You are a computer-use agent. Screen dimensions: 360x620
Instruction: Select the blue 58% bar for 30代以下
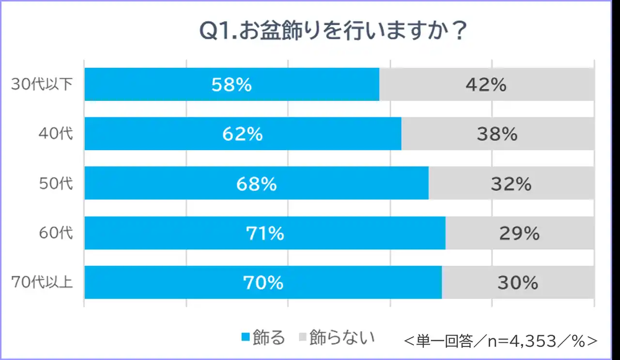click(232, 84)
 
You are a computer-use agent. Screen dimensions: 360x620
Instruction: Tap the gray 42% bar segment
click(486, 84)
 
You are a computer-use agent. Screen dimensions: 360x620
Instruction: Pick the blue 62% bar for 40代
click(243, 134)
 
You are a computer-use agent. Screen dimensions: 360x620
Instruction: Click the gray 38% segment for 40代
click(497, 134)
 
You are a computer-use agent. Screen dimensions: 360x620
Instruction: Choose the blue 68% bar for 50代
click(256, 183)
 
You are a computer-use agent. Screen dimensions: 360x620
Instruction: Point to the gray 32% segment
click(511, 183)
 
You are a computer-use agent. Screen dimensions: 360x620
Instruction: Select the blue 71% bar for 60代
click(264, 233)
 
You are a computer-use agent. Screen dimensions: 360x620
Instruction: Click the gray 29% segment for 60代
click(519, 233)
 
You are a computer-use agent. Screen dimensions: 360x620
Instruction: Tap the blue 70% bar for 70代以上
click(263, 282)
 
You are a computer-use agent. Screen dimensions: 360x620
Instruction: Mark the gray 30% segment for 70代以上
click(518, 282)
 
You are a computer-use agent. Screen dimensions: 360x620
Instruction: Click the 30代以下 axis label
click(42, 84)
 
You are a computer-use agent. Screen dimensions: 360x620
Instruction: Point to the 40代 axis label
click(56, 134)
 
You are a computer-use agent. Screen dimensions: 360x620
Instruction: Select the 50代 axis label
click(56, 183)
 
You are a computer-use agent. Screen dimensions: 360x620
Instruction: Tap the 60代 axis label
click(56, 233)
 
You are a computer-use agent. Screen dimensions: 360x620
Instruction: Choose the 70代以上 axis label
click(42, 282)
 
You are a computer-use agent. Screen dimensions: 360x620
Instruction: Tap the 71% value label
click(264, 234)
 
